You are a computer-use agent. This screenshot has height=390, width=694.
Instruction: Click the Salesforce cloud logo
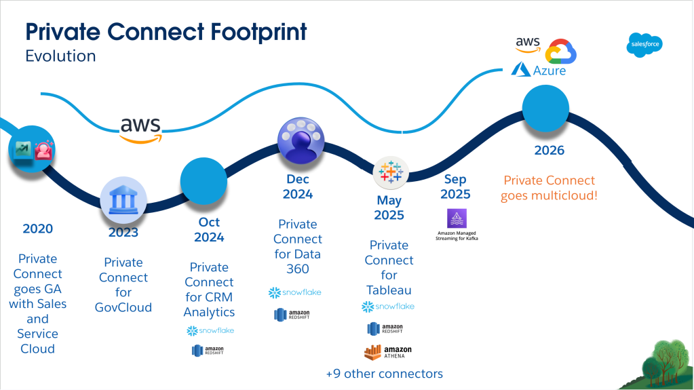pyautogui.click(x=644, y=45)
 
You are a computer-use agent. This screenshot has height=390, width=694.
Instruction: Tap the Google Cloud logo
pyautogui.click(x=560, y=52)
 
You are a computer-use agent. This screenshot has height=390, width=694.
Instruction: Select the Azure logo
pyautogui.click(x=539, y=70)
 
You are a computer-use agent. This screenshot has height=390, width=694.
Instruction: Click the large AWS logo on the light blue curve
pyautogui.click(x=140, y=130)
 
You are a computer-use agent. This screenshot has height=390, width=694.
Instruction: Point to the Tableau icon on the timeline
pyautogui.click(x=390, y=172)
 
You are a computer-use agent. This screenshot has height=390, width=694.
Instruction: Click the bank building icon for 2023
pyautogui.click(x=123, y=200)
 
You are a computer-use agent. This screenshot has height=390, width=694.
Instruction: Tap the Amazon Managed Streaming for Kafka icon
pyautogui.click(x=457, y=218)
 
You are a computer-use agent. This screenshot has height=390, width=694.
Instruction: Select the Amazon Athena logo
pyautogui.click(x=388, y=352)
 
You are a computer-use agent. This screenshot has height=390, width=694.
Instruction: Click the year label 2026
pyautogui.click(x=550, y=151)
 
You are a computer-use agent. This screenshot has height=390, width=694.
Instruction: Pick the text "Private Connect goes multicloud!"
pyautogui.click(x=550, y=188)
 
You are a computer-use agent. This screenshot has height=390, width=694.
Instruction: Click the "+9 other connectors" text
pyautogui.click(x=384, y=374)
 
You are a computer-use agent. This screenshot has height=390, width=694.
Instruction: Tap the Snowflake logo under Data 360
pyautogui.click(x=295, y=292)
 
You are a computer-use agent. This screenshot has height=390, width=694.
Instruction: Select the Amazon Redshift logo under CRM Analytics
pyautogui.click(x=208, y=351)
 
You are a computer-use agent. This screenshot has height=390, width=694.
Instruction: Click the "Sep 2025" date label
pyautogui.click(x=455, y=187)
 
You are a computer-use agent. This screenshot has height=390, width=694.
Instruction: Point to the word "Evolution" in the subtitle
pyautogui.click(x=60, y=56)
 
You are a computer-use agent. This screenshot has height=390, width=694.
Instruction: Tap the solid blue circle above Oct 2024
pyautogui.click(x=204, y=181)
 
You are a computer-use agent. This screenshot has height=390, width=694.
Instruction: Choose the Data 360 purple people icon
pyautogui.click(x=301, y=141)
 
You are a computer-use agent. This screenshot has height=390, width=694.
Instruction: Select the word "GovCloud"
pyautogui.click(x=123, y=307)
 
